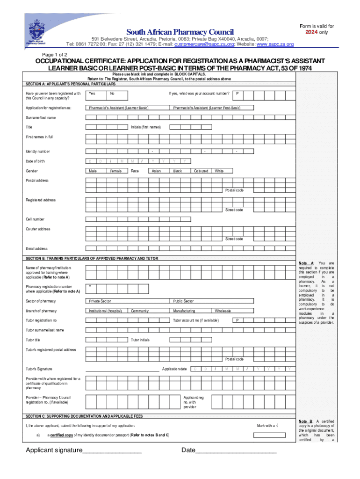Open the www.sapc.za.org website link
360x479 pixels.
[x=275, y=44]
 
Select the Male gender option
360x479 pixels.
[x=93, y=171]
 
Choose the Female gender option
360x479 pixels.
[x=115, y=171]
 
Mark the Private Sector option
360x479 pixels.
[x=100, y=301]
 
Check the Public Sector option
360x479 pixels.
[x=183, y=301]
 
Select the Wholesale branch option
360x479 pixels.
[x=223, y=311]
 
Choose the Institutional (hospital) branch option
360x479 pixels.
[x=106, y=311]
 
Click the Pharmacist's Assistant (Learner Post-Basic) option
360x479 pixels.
[x=207, y=108]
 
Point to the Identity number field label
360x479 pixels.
[x=38, y=152]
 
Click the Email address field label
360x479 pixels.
[x=36, y=248]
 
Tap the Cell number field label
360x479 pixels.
[x=35, y=219]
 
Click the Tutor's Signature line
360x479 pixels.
[x=122, y=370]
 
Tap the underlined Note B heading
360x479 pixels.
[x=305, y=421]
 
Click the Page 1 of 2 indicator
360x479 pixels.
[x=55, y=55]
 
